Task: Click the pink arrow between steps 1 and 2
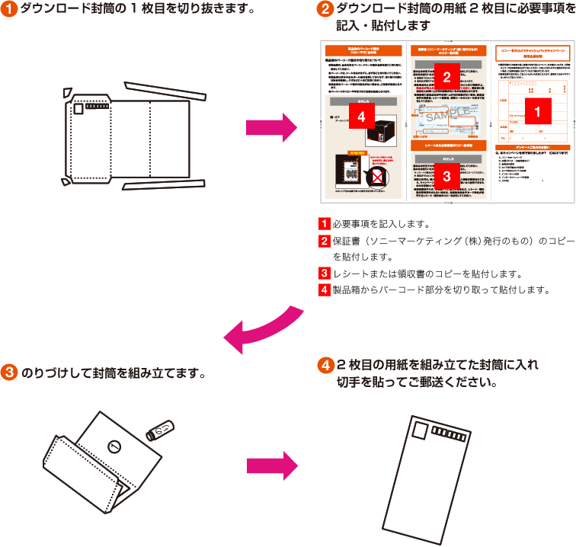pos(271,123)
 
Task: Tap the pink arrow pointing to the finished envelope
pos(271,465)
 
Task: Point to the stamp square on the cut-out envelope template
pos(78,109)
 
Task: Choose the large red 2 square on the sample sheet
pos(446,77)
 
